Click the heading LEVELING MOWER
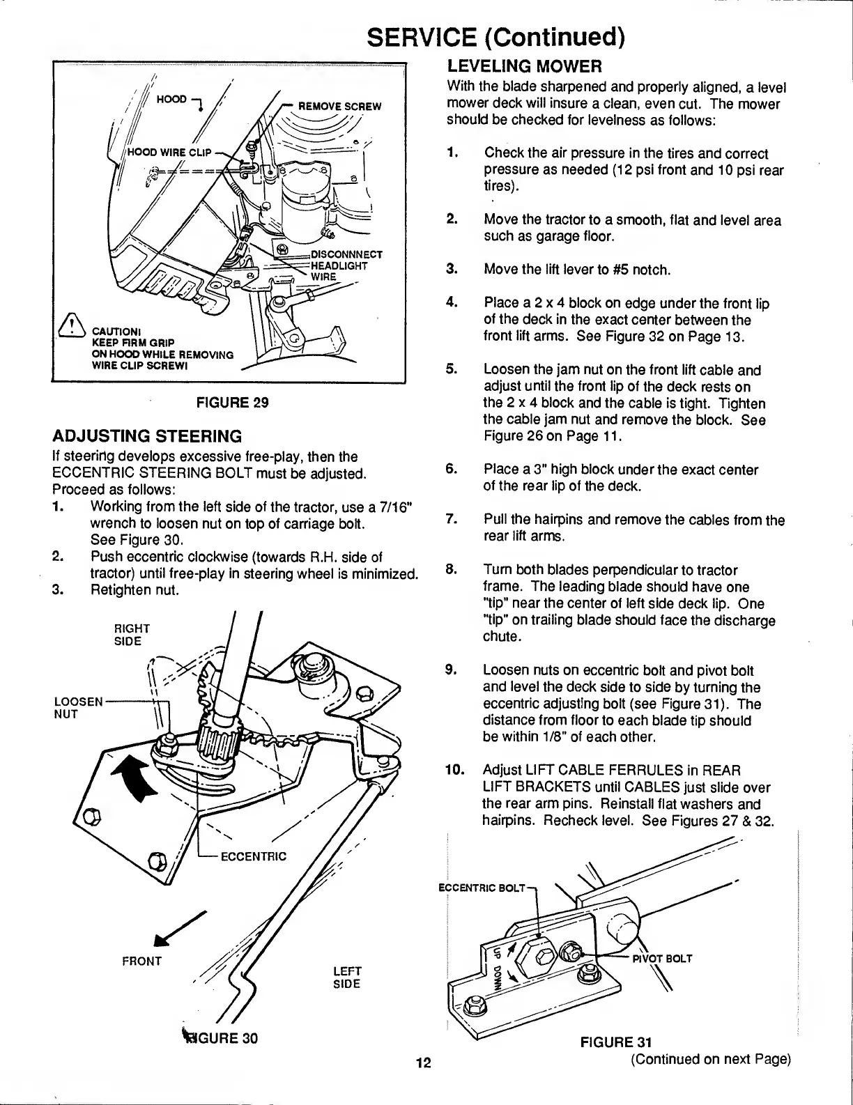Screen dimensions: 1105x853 point(524,67)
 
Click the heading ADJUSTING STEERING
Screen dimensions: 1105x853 point(147,437)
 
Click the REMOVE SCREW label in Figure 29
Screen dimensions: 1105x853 point(339,107)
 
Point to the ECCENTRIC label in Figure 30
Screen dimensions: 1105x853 point(253,856)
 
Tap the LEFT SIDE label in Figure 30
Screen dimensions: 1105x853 point(346,977)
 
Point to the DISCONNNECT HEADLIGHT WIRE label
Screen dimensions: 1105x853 point(346,265)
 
